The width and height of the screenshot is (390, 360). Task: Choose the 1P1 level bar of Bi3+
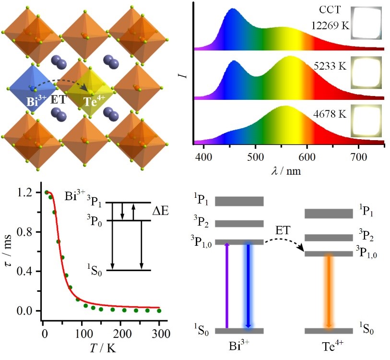[239, 201]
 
